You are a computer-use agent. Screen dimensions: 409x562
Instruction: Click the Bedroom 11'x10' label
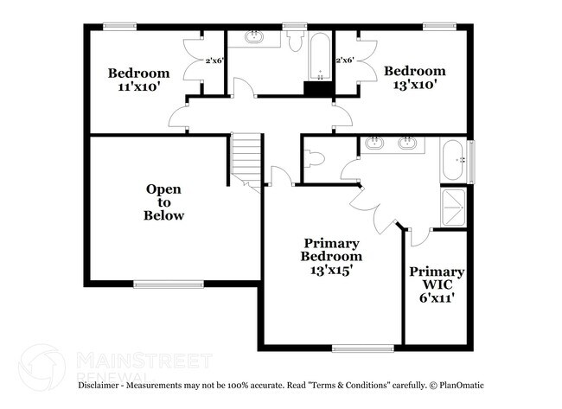point(138,80)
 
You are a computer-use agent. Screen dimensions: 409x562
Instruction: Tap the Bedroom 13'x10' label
point(415,78)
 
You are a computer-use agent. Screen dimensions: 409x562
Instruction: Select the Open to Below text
point(164,202)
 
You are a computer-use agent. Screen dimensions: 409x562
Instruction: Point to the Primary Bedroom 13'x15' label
point(331,256)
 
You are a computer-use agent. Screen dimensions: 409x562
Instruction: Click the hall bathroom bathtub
point(317,57)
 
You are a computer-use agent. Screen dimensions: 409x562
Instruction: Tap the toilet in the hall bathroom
point(295,43)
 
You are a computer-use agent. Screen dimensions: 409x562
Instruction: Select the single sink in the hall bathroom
point(256,38)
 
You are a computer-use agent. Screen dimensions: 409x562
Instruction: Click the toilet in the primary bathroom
point(315,159)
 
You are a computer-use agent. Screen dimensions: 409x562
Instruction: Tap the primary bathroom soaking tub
point(454,162)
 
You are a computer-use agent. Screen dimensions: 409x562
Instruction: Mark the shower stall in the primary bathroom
point(453,207)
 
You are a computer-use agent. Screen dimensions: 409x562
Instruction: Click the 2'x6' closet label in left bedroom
point(214,61)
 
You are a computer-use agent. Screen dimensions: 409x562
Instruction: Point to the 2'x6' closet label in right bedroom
point(345,61)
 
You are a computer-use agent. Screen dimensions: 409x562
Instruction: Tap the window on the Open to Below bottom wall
point(160,284)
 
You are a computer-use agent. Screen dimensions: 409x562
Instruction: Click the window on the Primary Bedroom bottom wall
point(357,348)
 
